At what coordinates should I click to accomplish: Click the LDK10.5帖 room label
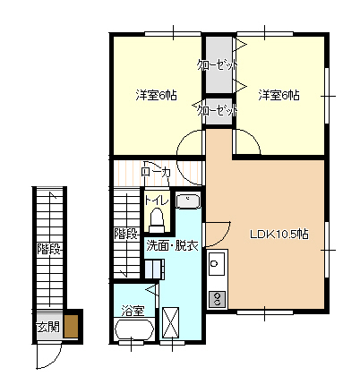279,235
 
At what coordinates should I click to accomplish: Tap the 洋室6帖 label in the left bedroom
156,95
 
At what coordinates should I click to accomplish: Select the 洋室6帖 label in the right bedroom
279,95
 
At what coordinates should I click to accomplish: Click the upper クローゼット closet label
218,65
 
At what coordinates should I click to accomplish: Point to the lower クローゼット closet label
218,111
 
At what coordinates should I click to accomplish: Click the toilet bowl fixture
157,220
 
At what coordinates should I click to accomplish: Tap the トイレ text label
157,201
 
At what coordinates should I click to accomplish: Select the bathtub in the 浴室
134,329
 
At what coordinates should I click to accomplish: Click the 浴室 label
133,311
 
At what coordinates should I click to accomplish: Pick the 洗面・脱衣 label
172,245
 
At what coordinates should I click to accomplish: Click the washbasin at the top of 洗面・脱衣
188,201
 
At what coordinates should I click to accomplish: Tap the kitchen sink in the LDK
217,263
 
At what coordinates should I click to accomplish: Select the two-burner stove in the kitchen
217,299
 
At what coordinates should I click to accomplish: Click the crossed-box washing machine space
170,322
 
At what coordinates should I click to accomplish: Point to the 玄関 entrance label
48,328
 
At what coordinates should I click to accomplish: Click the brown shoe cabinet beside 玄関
71,326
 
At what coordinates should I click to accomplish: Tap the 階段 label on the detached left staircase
49,249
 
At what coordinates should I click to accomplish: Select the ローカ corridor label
156,173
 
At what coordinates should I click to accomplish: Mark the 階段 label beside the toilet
126,234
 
